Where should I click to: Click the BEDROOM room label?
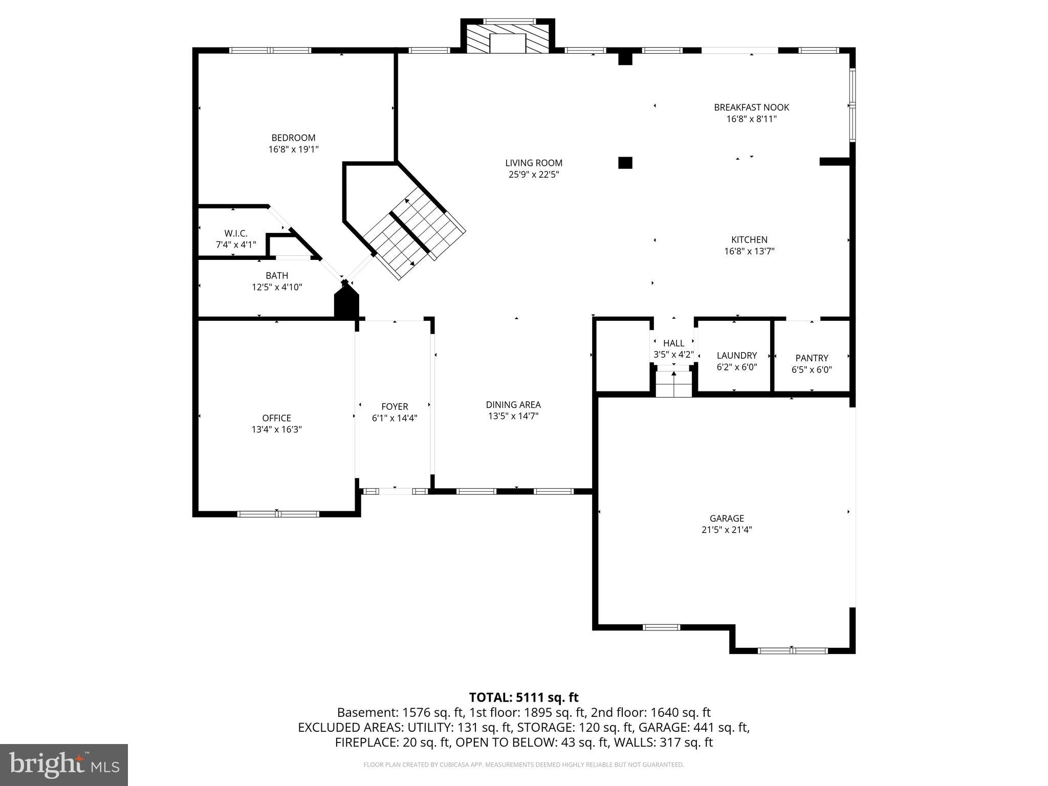pos(293,138)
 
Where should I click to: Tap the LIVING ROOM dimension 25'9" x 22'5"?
pos(534,175)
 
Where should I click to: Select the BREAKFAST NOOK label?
pos(751,107)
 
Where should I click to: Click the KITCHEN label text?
pos(749,239)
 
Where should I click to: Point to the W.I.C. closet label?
pos(235,233)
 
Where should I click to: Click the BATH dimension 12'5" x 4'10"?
pos(277,288)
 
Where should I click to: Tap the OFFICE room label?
pos(276,418)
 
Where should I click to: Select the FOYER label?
pos(395,406)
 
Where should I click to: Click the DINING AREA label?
pos(513,405)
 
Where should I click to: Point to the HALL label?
pos(673,343)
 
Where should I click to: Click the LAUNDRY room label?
pos(736,356)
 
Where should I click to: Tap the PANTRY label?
pos(812,358)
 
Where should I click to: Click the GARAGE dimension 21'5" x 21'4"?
pos(726,530)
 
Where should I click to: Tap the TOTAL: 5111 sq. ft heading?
pos(523,697)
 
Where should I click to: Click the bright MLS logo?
pos(64,765)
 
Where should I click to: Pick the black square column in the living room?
pos(625,163)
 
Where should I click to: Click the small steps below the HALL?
pos(673,384)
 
